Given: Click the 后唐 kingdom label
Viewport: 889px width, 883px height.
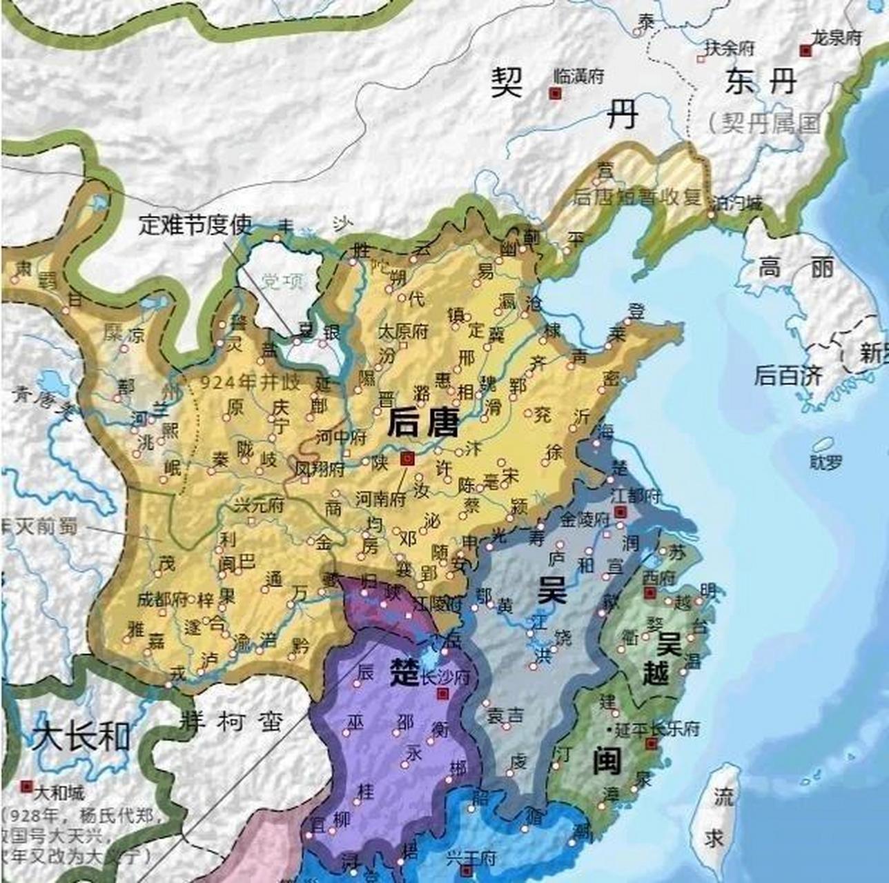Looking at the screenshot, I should pyautogui.click(x=422, y=421).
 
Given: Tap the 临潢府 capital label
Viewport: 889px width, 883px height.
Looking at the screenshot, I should pyautogui.click(x=579, y=76).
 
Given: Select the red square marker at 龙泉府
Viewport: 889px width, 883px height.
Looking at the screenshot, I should pyautogui.click(x=805, y=50).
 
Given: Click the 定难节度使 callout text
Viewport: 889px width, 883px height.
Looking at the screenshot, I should pyautogui.click(x=195, y=224).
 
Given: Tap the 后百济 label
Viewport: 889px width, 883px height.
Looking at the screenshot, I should pyautogui.click(x=788, y=375).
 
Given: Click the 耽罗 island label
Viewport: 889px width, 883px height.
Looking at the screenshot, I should pyautogui.click(x=826, y=462).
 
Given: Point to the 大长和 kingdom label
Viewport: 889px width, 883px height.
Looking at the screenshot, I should pyautogui.click(x=81, y=736).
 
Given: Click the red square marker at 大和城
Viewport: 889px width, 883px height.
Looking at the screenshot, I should pyautogui.click(x=27, y=786).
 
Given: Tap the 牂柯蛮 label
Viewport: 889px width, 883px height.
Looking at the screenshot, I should pyautogui.click(x=231, y=722).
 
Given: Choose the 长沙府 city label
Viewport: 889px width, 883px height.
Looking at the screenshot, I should pyautogui.click(x=444, y=677).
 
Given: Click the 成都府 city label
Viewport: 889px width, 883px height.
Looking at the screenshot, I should pyautogui.click(x=162, y=599).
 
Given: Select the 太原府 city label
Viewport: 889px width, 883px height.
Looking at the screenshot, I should pyautogui.click(x=402, y=330).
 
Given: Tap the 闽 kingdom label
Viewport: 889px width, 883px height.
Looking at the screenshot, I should pyautogui.click(x=607, y=761).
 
